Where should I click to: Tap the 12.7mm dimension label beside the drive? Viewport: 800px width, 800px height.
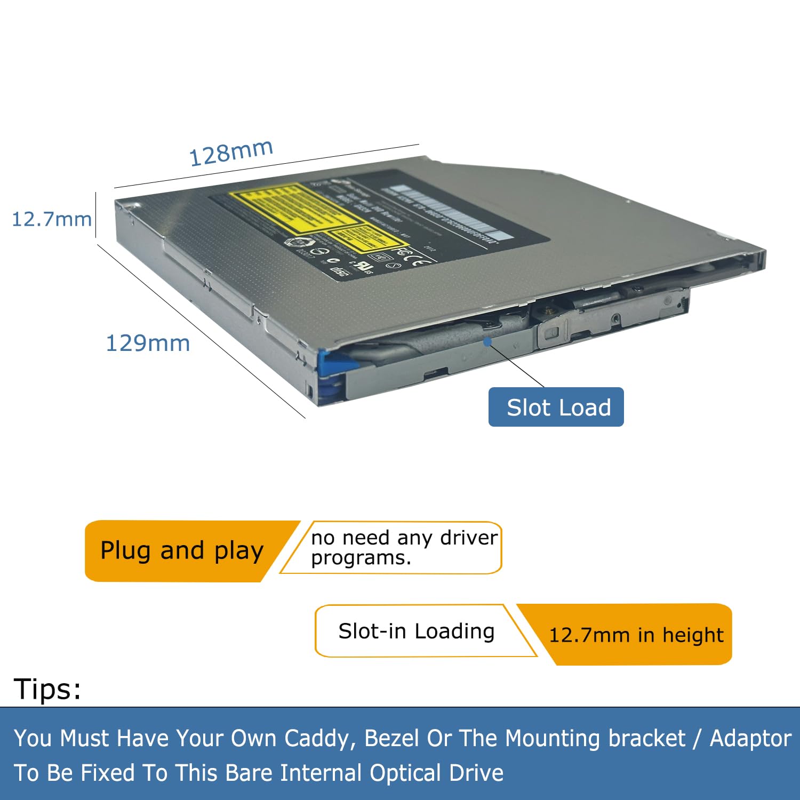(51, 219)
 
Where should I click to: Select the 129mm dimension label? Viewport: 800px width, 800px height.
(148, 343)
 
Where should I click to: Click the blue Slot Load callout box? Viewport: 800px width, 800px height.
(556, 407)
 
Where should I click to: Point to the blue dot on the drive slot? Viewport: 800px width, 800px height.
(487, 341)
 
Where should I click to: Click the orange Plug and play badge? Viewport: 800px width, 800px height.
(181, 550)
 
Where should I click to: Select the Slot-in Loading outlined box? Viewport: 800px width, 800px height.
(416, 631)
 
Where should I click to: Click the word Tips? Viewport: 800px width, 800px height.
(47, 689)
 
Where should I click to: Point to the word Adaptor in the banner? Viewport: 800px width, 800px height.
(750, 738)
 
